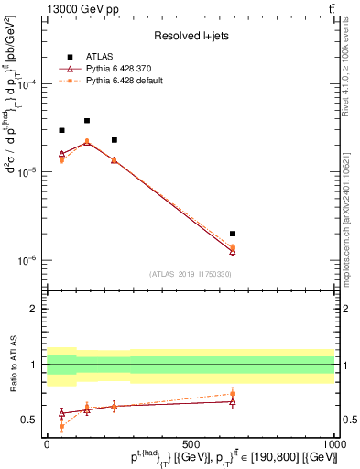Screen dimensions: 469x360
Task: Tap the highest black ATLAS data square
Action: click(87, 121)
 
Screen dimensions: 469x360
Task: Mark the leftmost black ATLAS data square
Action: click(61, 130)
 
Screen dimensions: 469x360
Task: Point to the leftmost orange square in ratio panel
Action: click(61, 427)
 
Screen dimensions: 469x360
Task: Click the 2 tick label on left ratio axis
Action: click(35, 309)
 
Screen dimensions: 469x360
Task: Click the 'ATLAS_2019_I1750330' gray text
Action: click(191, 273)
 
